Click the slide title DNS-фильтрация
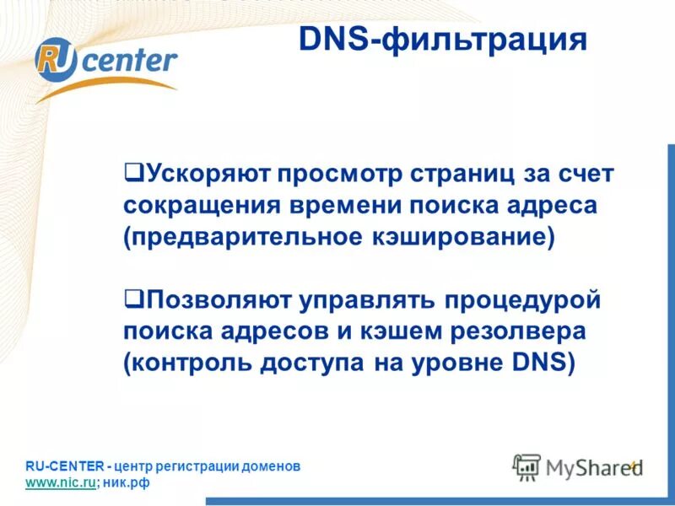(x=442, y=39)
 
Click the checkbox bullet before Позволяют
(x=131, y=298)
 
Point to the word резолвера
(x=510, y=331)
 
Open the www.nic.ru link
(x=60, y=482)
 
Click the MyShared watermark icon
(x=526, y=466)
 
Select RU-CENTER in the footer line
(x=64, y=466)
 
